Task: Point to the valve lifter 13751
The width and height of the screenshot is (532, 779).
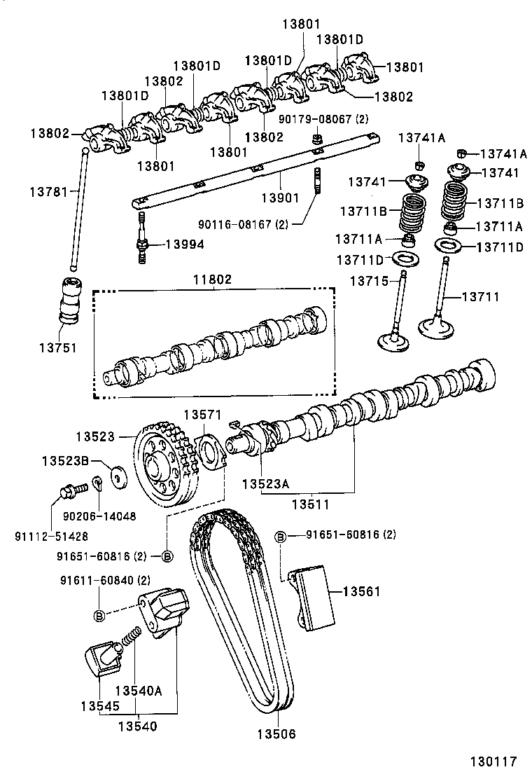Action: [x=71, y=299]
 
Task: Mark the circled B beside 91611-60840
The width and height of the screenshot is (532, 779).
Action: [x=99, y=615]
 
